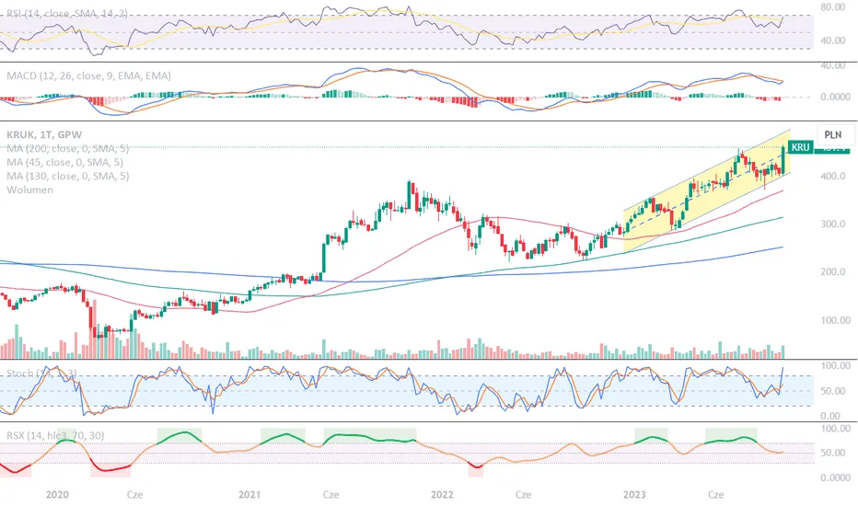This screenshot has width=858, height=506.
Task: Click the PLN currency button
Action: pyautogui.click(x=834, y=133)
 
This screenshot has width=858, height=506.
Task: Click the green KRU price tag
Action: pyautogui.click(x=799, y=147)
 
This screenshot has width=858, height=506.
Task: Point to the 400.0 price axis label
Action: pyautogui.click(x=835, y=176)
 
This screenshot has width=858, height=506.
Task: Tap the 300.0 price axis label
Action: pyautogui.click(x=835, y=224)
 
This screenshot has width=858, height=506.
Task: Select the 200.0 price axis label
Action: pyautogui.click(x=835, y=272)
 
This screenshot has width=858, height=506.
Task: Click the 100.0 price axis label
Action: pyautogui.click(x=835, y=320)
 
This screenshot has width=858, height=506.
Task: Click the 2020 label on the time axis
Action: pyautogui.click(x=57, y=494)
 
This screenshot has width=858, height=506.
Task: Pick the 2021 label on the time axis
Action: pyautogui.click(x=249, y=494)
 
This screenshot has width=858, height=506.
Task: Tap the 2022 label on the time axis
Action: pyautogui.click(x=443, y=494)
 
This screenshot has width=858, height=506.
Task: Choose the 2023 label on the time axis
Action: pyautogui.click(x=635, y=494)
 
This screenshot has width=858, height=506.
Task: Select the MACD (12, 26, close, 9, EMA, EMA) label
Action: pyautogui.click(x=88, y=75)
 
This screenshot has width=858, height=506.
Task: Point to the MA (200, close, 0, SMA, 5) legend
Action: pyautogui.click(x=66, y=147)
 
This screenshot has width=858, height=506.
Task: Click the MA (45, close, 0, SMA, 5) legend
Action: pyautogui.click(x=64, y=161)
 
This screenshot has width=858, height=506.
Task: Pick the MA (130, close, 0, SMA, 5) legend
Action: pyautogui.click(x=66, y=175)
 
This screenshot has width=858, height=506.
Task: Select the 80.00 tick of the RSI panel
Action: pyautogui.click(x=835, y=6)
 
